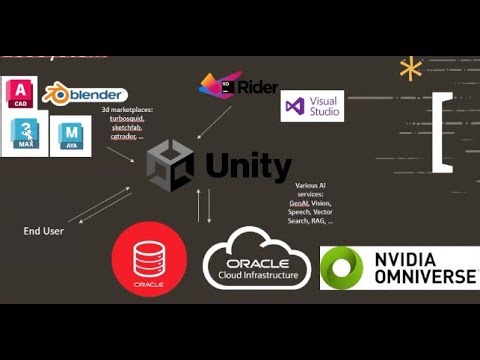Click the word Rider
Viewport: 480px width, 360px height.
click(258, 88)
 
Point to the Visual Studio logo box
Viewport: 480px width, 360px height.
click(312, 106)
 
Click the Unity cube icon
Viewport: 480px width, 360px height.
click(170, 164)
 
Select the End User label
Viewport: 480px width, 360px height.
click(45, 232)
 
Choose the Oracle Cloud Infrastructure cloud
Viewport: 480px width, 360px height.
click(258, 257)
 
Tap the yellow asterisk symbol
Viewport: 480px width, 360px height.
click(409, 69)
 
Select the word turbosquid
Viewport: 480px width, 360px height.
click(127, 118)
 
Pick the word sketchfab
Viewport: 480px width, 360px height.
click(126, 127)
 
